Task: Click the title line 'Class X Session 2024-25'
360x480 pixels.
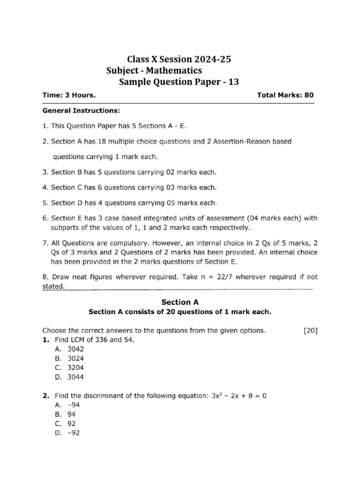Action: coord(180,60)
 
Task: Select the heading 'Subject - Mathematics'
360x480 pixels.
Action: coord(154,71)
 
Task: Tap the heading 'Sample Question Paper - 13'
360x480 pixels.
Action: coord(179,82)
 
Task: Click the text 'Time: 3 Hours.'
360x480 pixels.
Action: coord(69,95)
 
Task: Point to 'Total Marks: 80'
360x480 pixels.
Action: coord(285,95)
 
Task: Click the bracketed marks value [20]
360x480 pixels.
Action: coord(310,330)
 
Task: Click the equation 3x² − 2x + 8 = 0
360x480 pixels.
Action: coord(239,396)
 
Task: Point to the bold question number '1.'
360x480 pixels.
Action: coord(46,339)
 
